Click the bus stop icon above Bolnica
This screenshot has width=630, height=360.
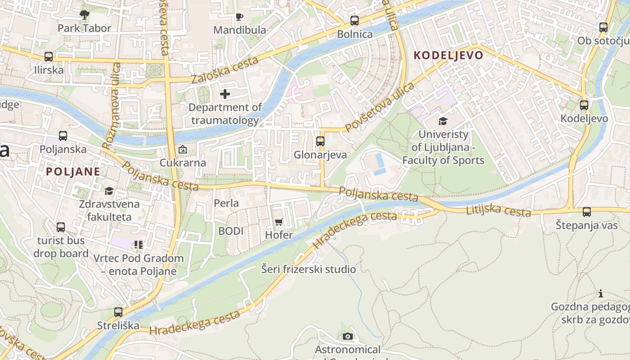point(355,20)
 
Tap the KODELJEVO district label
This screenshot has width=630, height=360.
point(448,55)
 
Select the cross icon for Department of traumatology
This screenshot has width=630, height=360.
point(225,94)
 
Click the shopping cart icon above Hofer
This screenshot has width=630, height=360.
point(279,222)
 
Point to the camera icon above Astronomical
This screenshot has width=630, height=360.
point(347,336)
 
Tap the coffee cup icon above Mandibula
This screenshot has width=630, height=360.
point(239,17)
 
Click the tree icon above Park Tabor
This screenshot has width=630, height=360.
point(84,15)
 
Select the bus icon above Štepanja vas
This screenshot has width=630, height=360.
point(587,211)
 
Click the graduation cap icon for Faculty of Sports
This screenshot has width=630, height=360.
point(443,121)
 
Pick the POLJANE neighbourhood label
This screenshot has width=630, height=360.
point(73,171)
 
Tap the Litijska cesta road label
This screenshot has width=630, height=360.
point(499,210)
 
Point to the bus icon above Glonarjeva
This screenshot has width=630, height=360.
point(320,141)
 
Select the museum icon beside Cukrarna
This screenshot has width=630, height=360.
point(183,149)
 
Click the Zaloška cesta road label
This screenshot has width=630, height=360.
point(225,70)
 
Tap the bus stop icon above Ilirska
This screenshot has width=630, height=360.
point(49,57)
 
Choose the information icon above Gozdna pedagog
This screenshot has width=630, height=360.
point(601,294)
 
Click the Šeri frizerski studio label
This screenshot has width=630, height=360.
point(309,270)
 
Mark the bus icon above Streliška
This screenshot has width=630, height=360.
point(118,312)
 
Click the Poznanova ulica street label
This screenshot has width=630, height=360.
point(111,106)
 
